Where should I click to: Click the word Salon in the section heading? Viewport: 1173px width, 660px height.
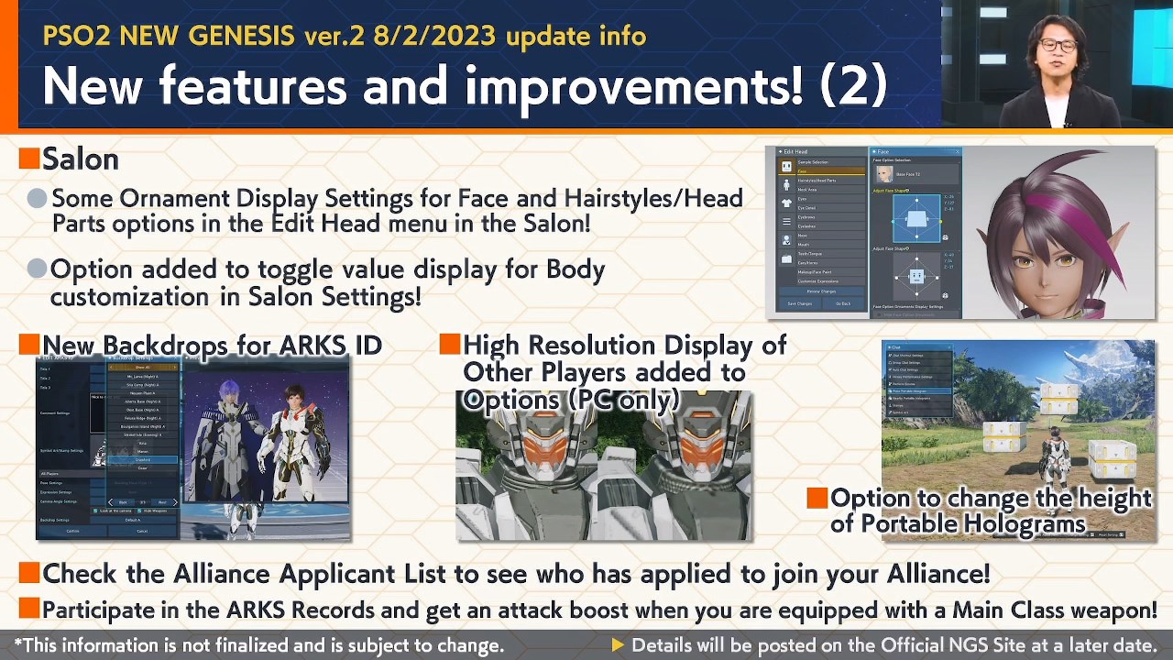tap(81, 159)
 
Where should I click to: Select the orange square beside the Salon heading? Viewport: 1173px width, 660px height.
tap(29, 159)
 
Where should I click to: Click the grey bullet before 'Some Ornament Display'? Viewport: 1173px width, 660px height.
tap(37, 198)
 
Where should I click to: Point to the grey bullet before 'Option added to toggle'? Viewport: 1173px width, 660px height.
tap(37, 269)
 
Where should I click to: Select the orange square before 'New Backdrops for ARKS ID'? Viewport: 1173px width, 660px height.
tap(29, 345)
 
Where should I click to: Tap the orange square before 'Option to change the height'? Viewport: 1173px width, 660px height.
tap(817, 498)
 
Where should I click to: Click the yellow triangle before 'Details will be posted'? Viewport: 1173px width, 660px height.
tap(618, 645)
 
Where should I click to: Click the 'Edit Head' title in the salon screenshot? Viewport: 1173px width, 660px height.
tap(795, 152)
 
